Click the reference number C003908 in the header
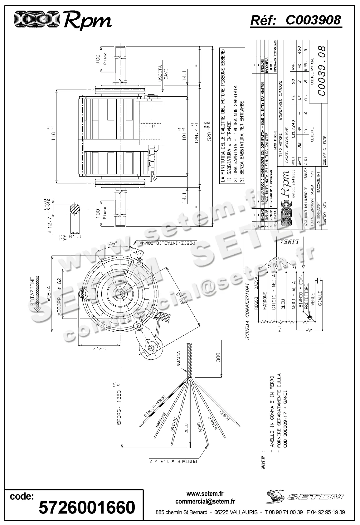(313, 20)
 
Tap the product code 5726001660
(87, 507)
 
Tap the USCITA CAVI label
(163, 72)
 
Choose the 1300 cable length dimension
(218, 359)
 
